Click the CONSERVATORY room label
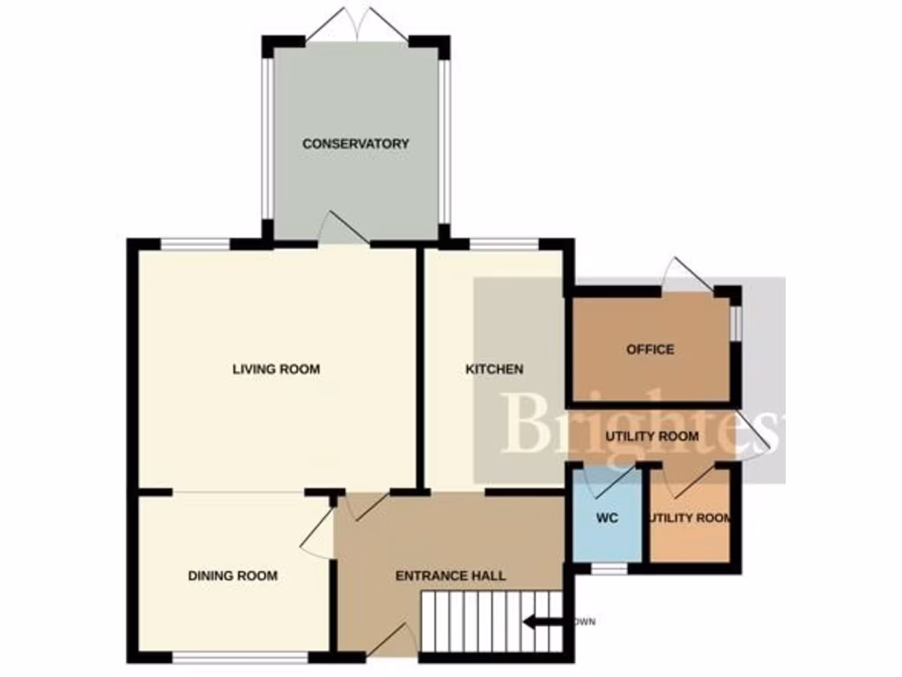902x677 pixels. pyautogui.click(x=356, y=144)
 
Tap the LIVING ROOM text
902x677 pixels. pyautogui.click(x=276, y=368)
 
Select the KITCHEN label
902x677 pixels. pyautogui.click(x=494, y=369)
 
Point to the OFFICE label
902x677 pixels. pyautogui.click(x=650, y=349)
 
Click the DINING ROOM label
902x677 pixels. pyautogui.click(x=233, y=576)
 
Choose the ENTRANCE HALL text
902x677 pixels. pyautogui.click(x=450, y=576)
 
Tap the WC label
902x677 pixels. pyautogui.click(x=606, y=517)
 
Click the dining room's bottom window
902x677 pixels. pyautogui.click(x=240, y=657)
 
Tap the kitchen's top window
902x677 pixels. pyautogui.click(x=503, y=243)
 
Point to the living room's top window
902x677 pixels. pyautogui.click(x=195, y=243)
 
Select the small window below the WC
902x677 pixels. pyautogui.click(x=607, y=569)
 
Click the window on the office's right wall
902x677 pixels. pyautogui.click(x=736, y=321)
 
